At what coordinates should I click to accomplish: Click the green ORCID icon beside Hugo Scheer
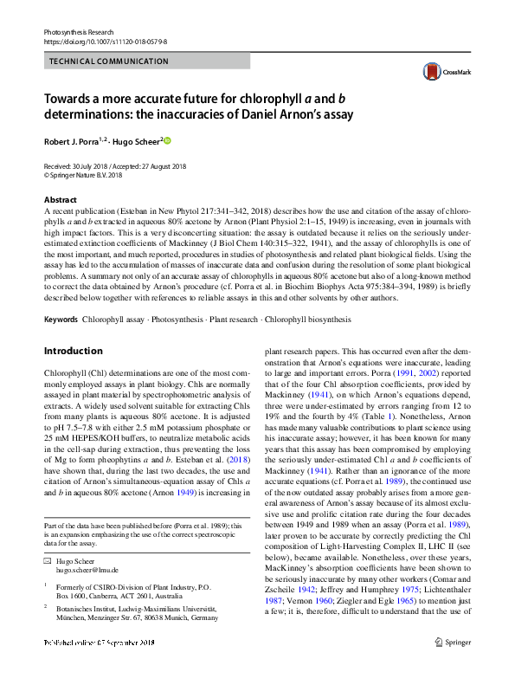coord(168,140)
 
